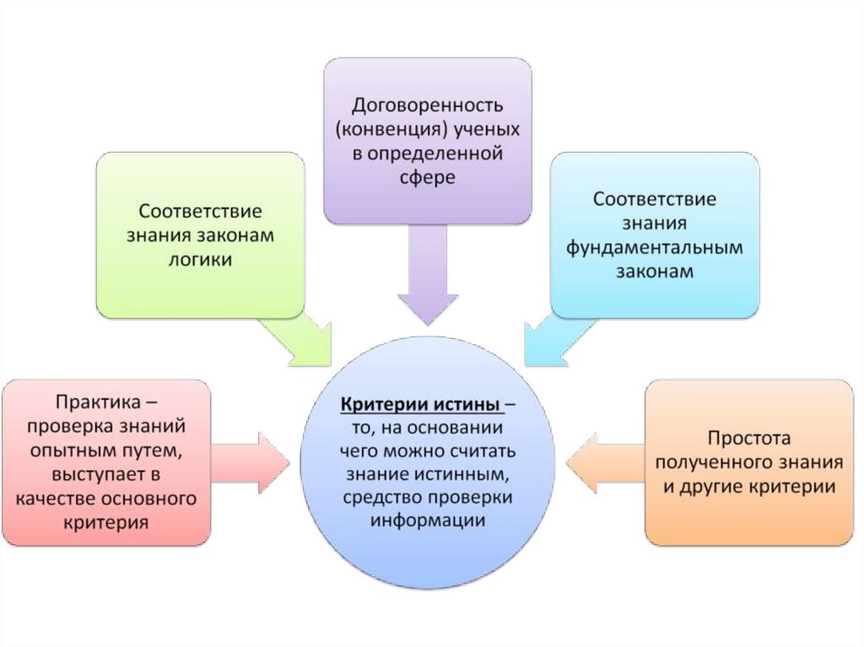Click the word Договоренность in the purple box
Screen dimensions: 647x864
coord(428,106)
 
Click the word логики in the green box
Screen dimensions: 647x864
coord(201,259)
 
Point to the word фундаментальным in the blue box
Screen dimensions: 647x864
coord(654,248)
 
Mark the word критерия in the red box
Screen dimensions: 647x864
coord(106,522)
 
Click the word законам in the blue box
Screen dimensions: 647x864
coord(654,272)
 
